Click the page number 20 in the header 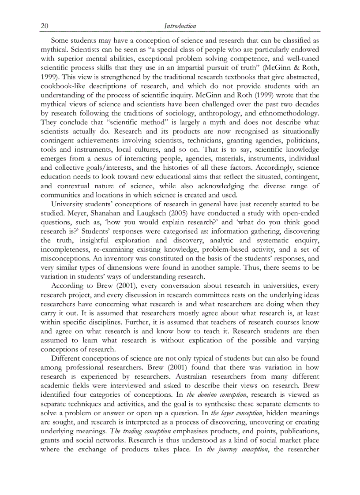pos(44,26)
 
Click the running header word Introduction pos(180,26)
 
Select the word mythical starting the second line pos(55,49)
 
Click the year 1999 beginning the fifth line pos(49,77)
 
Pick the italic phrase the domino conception pos(216,395)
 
